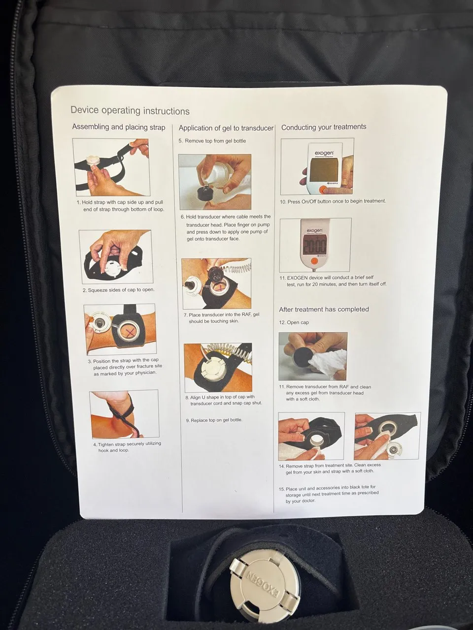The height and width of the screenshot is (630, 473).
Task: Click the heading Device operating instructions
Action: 130,111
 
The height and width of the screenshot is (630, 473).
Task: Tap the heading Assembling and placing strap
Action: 119,127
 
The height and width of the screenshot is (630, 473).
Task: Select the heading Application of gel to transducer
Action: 226,128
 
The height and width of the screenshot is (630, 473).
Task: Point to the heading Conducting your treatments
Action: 324,127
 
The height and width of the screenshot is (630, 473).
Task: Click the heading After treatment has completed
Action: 324,310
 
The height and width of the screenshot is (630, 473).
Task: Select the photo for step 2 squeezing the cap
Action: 116,257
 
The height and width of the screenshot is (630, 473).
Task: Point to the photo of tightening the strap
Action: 124,413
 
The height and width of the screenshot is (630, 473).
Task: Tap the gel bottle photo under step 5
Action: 215,182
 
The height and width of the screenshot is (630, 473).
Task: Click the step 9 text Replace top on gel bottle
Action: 214,420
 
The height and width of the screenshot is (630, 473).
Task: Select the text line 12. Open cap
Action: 294,322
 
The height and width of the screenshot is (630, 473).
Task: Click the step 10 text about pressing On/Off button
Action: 333,201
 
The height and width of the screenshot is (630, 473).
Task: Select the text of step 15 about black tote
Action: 328,494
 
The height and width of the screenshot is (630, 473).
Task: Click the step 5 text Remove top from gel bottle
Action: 212,141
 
